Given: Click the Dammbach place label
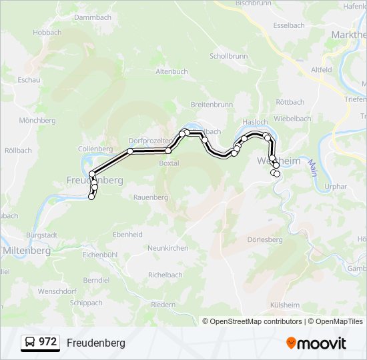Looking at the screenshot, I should [93, 17].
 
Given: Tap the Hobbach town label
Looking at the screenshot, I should [47, 32].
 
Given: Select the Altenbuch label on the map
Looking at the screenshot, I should [171, 71].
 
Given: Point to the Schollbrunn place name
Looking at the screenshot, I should [228, 57].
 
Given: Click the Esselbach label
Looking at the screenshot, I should [289, 25].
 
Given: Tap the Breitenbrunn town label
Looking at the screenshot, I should [212, 105].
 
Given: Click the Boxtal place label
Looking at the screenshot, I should [169, 163].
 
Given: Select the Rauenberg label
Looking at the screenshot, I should [150, 197].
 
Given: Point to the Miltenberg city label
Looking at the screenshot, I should [27, 251].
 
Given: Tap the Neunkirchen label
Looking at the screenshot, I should [167, 248].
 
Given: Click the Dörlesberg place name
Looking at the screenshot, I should [265, 239].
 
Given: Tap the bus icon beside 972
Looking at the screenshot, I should [30, 343].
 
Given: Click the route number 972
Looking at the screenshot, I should [47, 342].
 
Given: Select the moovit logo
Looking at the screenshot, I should [316, 343].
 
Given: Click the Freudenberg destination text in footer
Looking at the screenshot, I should [95, 343].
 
